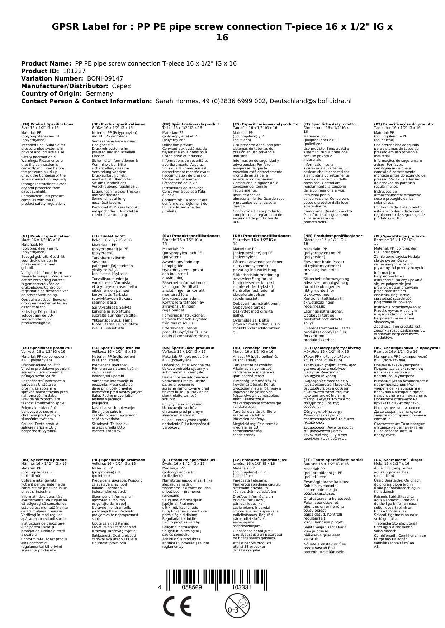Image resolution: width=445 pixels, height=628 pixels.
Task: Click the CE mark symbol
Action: click(x=177, y=606)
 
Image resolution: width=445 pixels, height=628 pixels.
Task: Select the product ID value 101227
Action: click(x=74, y=71)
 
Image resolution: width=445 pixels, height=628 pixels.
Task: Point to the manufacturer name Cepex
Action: click(x=122, y=86)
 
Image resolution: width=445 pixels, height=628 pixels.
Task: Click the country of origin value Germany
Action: click(x=99, y=93)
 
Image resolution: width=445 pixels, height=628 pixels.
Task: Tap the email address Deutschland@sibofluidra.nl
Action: click(x=311, y=101)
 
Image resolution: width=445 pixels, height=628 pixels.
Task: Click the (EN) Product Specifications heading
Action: click(x=48, y=124)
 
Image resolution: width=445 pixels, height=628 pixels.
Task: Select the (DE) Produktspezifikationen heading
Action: click(x=119, y=124)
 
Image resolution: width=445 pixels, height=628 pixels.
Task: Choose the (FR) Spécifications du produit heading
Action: click(x=191, y=124)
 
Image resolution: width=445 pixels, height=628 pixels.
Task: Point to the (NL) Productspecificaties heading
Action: click(x=46, y=236)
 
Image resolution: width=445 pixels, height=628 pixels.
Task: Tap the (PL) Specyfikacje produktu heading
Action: click(x=400, y=236)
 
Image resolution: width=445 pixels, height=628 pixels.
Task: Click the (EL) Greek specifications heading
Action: click(x=332, y=348)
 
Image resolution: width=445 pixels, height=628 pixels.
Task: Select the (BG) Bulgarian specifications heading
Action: click(x=407, y=348)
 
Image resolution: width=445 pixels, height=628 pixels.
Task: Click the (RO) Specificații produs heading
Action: click(x=44, y=460)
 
